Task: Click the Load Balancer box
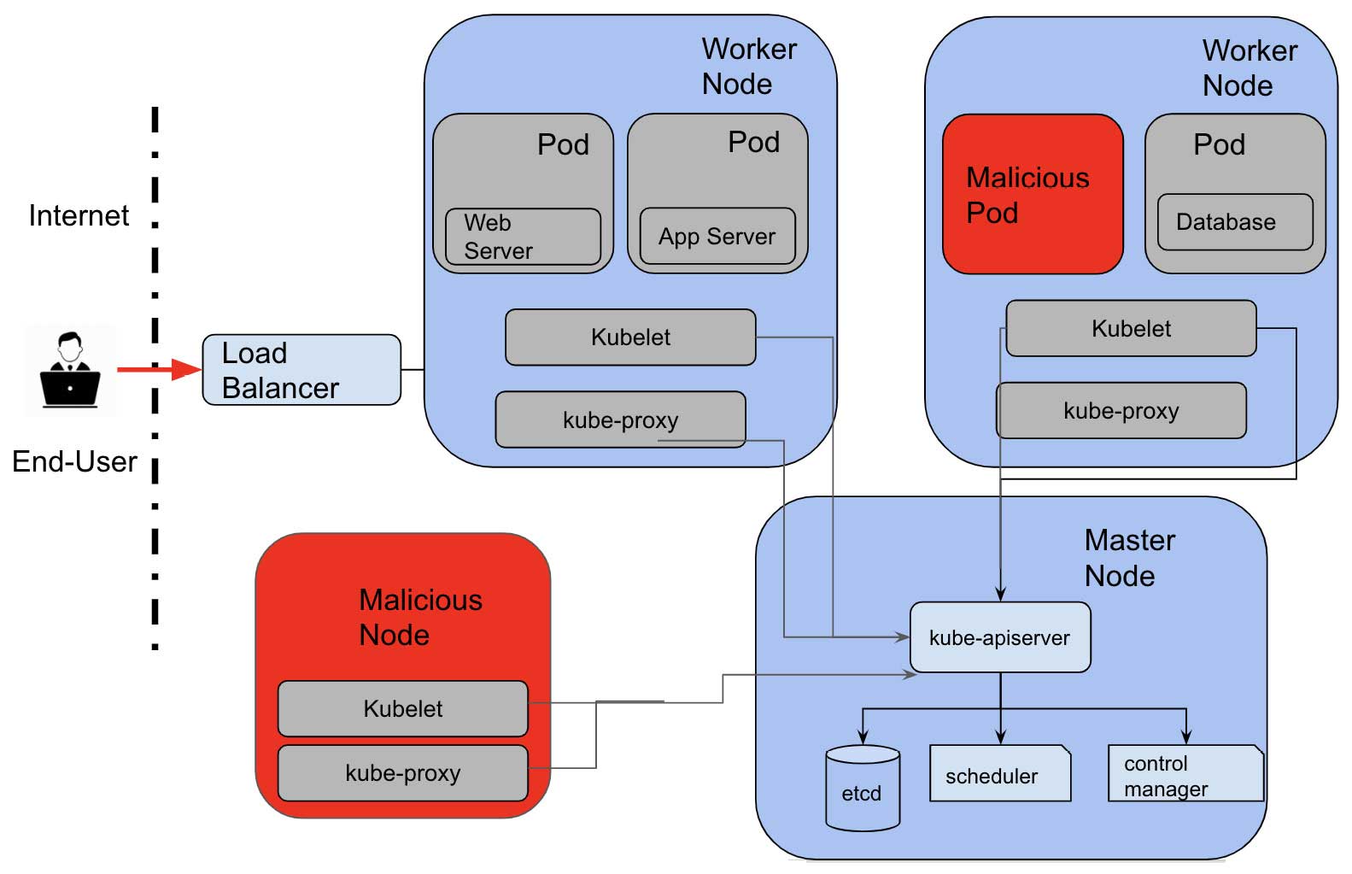pyautogui.click(x=301, y=370)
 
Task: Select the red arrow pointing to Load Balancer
pyautogui.click(x=159, y=369)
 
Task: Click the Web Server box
pyautogui.click(x=523, y=237)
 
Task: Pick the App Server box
pyautogui.click(x=717, y=236)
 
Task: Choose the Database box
pyautogui.click(x=1234, y=222)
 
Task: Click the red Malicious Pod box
pyautogui.click(x=1032, y=194)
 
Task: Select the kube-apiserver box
pyautogui.click(x=1000, y=637)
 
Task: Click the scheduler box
pyautogui.click(x=999, y=774)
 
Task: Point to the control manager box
pyautogui.click(x=1185, y=774)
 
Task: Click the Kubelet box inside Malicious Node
pyautogui.click(x=402, y=708)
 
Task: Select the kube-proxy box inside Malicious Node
pyautogui.click(x=402, y=773)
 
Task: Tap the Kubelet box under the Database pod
pyautogui.click(x=1131, y=328)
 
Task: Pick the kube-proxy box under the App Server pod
pyautogui.click(x=620, y=419)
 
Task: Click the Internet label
pyautogui.click(x=79, y=215)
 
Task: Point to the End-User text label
pyautogui.click(x=74, y=461)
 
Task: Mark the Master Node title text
pyautogui.click(x=1129, y=558)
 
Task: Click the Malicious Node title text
pyautogui.click(x=420, y=617)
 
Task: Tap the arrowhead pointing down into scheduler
pyautogui.click(x=1000, y=737)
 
